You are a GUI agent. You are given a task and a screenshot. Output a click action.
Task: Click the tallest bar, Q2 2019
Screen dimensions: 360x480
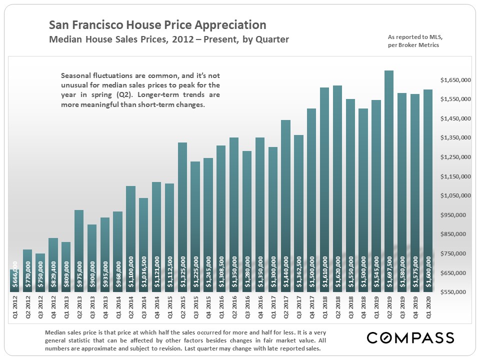point(388,180)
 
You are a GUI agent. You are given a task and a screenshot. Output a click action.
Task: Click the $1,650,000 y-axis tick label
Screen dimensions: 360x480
point(456,80)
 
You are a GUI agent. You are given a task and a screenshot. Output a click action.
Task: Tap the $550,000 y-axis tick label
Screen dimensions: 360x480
point(456,292)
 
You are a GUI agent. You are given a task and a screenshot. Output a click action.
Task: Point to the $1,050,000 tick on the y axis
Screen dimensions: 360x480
point(456,195)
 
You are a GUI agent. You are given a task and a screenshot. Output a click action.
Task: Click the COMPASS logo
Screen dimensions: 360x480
point(410,337)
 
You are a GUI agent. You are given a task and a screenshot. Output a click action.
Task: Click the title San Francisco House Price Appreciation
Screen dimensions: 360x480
point(157,25)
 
